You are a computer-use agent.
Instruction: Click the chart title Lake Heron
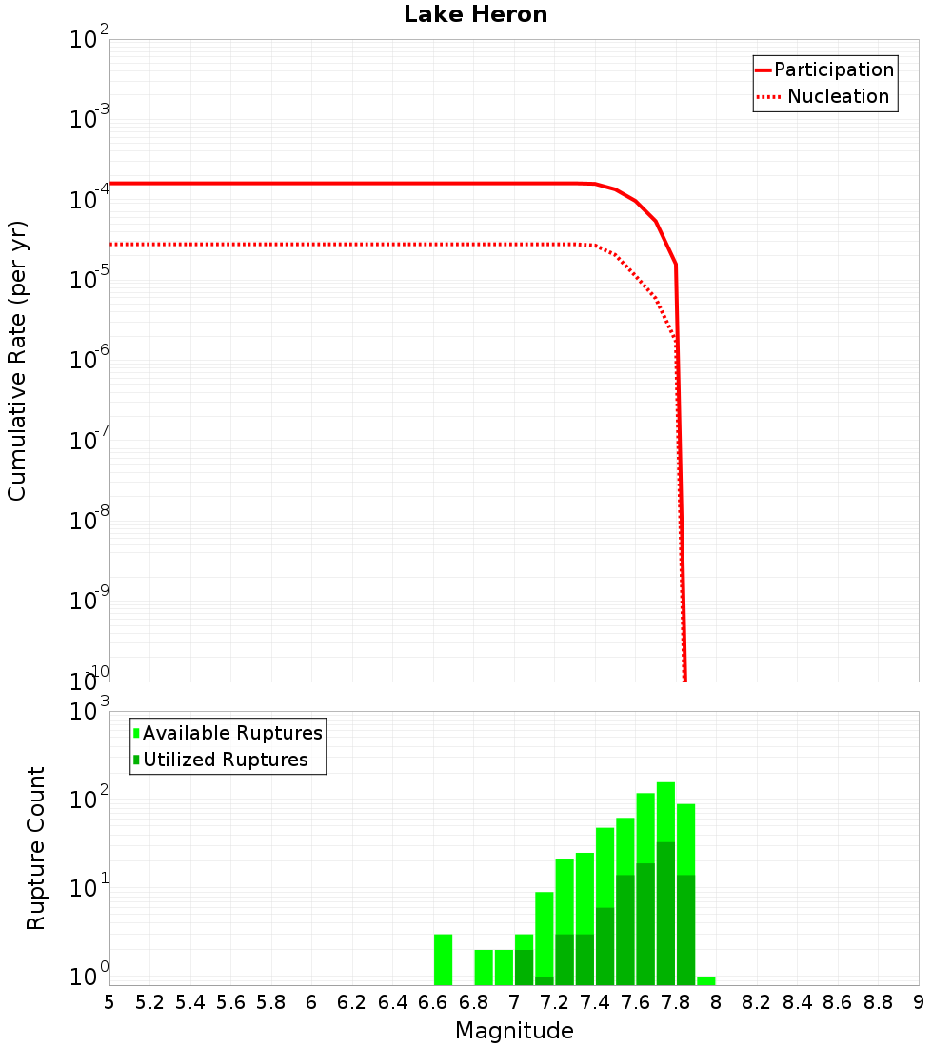tap(475, 14)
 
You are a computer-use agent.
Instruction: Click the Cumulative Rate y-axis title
tap(17, 361)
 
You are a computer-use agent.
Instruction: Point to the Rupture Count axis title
tap(36, 848)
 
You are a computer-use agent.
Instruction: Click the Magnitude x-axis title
tap(514, 1031)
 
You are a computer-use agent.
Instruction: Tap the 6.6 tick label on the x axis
tap(432, 1002)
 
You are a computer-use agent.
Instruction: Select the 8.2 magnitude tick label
tap(757, 1002)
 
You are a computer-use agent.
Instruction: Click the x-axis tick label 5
tap(109, 1002)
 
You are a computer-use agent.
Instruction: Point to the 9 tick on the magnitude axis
tap(919, 1002)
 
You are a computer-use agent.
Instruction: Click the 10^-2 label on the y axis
tap(89, 40)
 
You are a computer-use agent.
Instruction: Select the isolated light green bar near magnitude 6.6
tap(443, 959)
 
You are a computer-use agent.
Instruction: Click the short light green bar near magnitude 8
tap(705, 980)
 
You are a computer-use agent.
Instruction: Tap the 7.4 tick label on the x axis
tap(594, 1002)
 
